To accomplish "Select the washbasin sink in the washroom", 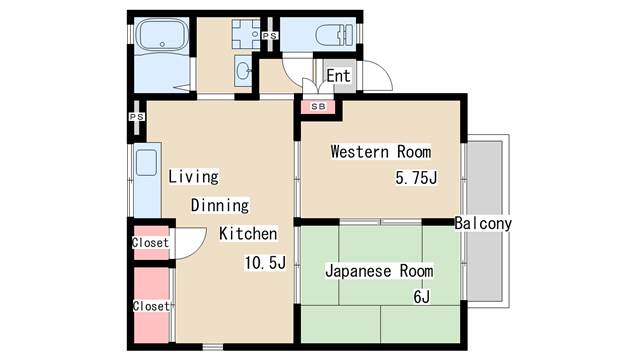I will click(x=243, y=71).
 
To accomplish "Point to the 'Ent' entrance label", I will click(x=338, y=76).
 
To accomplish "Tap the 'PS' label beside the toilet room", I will click(x=269, y=37).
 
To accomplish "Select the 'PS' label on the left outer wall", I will click(x=135, y=116).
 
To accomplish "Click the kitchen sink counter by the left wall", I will click(x=146, y=180).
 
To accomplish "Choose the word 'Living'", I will click(x=193, y=177).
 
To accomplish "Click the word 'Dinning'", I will click(x=220, y=205).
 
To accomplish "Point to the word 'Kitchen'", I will click(x=248, y=234).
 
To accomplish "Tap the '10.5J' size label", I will click(x=266, y=263).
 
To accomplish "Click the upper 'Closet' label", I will click(x=150, y=243).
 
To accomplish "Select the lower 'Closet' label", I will click(x=150, y=305).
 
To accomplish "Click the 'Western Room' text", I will click(x=380, y=152).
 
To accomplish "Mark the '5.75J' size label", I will click(x=417, y=180).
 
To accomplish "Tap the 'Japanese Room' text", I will click(x=379, y=270).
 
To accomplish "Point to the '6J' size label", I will click(x=421, y=297).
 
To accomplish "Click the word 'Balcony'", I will click(x=482, y=224).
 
